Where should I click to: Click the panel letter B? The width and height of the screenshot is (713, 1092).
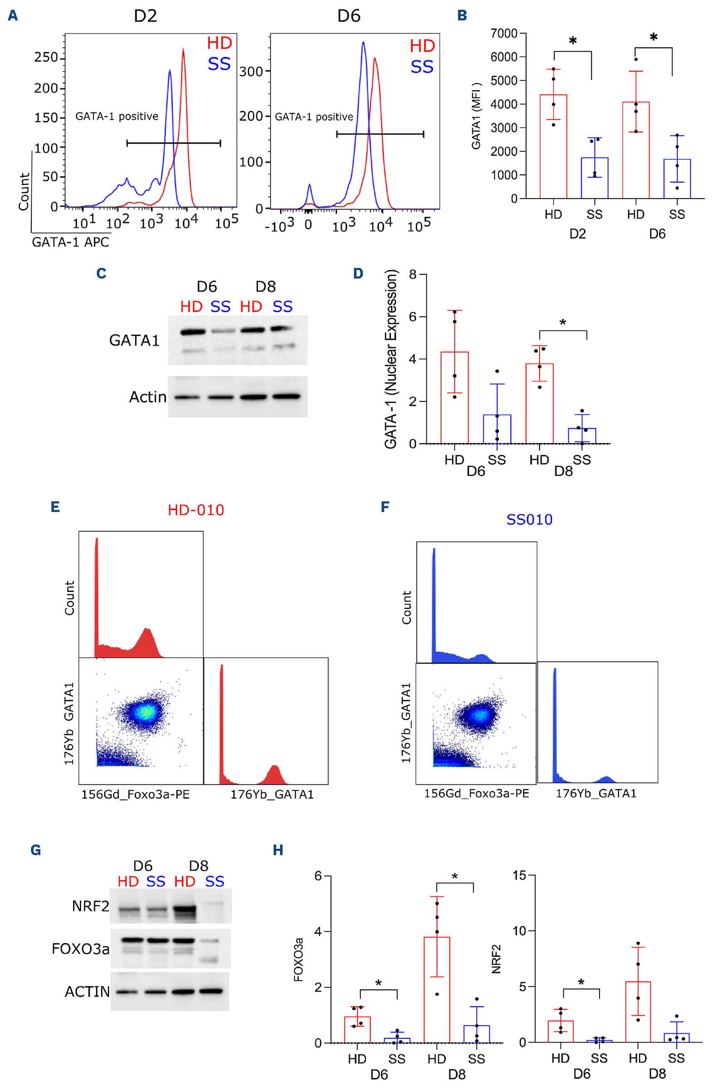pyautogui.click(x=462, y=15)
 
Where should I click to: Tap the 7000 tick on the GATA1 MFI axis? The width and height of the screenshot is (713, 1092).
pyautogui.click(x=503, y=34)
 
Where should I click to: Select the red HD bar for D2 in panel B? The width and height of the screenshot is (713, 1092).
pyautogui.click(x=553, y=146)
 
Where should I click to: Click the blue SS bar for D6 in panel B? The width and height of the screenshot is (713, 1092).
pyautogui.click(x=677, y=178)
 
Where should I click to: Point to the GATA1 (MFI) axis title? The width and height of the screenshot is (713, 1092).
pyautogui.click(x=477, y=116)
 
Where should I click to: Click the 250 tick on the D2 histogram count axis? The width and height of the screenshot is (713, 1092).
pyautogui.click(x=46, y=57)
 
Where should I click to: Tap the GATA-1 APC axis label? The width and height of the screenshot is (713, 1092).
pyautogui.click(x=71, y=242)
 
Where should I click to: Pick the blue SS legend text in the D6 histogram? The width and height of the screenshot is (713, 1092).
pyautogui.click(x=421, y=67)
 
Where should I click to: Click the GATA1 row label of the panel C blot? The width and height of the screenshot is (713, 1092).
pyautogui.click(x=134, y=340)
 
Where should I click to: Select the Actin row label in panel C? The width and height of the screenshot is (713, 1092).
pyautogui.click(x=148, y=397)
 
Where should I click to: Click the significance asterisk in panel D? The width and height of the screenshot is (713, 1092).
pyautogui.click(x=563, y=322)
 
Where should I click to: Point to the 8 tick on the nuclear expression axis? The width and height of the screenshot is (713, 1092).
pyautogui.click(x=413, y=274)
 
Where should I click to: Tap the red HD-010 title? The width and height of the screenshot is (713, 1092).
pyautogui.click(x=196, y=510)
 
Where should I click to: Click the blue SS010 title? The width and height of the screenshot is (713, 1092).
pyautogui.click(x=529, y=519)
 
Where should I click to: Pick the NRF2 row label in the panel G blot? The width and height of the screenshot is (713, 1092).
pyautogui.click(x=90, y=906)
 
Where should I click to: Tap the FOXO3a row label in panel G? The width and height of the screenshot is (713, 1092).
pyautogui.click(x=80, y=949)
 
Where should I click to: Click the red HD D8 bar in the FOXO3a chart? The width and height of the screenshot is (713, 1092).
pyautogui.click(x=437, y=989)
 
